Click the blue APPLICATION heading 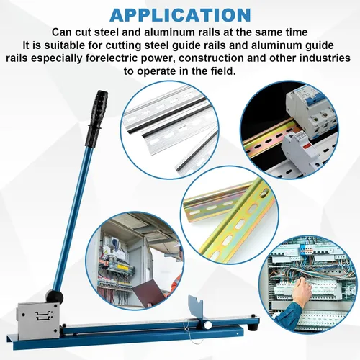coord(180,14)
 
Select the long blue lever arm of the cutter coord(71,216)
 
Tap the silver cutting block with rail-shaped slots coord(38,321)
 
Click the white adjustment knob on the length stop coord(207,325)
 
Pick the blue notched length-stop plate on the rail coord(197,307)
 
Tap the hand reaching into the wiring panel coord(303,289)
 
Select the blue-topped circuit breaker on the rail coord(312,112)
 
